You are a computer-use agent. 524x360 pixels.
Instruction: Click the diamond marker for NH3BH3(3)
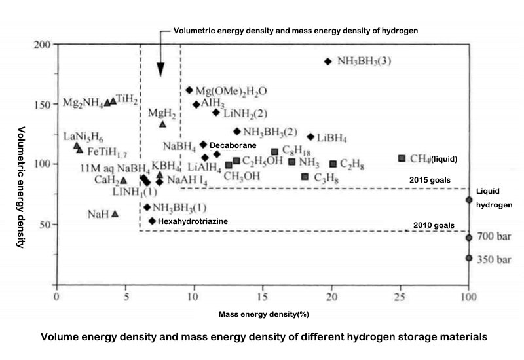coord(327,62)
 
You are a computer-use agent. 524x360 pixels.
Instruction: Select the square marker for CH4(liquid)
coord(402,158)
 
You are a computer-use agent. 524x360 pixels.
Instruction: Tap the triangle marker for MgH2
coord(162,124)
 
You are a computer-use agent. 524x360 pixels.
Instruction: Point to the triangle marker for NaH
coord(115,213)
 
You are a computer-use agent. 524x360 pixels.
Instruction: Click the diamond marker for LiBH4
coord(310,137)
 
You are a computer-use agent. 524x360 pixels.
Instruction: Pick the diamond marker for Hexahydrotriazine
coord(152,221)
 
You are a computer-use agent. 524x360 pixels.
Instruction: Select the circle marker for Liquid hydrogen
coord(468,200)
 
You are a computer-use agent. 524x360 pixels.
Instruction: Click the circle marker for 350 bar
coord(468,258)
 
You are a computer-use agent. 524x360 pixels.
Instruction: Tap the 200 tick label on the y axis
coord(42,45)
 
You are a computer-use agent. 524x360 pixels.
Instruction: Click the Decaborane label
coord(231,145)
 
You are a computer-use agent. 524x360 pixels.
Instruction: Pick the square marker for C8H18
coord(274,152)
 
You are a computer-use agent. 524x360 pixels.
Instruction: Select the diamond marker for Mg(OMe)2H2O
coord(189,90)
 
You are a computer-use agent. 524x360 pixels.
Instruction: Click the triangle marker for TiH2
coord(113,101)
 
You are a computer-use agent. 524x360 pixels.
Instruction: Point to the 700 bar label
coord(495,236)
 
